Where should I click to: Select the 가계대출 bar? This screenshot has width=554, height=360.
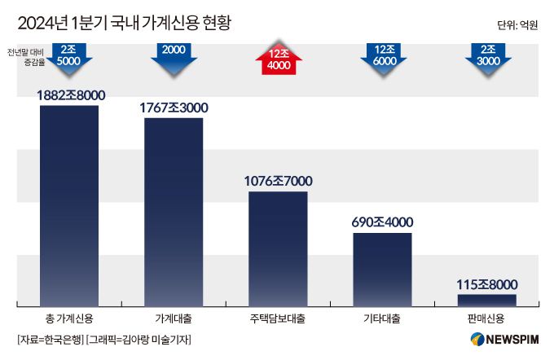(174, 212)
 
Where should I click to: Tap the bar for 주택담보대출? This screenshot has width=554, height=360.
(278, 248)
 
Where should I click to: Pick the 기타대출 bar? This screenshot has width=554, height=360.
(382, 269)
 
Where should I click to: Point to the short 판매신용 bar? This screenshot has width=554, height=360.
(486, 299)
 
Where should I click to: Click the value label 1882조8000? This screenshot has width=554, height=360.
(71, 95)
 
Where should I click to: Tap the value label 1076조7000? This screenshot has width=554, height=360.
(279, 181)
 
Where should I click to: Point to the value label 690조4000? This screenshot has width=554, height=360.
(381, 222)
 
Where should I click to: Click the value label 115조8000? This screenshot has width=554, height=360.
(486, 284)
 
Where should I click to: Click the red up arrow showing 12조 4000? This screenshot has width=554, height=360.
(279, 58)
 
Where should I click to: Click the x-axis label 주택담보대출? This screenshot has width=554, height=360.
(278, 317)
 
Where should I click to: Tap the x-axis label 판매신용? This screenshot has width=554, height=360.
(486, 317)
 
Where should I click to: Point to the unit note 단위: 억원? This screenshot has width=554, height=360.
(517, 24)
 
